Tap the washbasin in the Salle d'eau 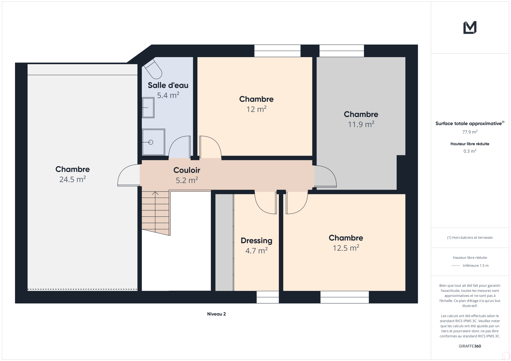148,108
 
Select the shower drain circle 150,142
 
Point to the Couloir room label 187,170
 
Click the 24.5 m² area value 72,179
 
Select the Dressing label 256,241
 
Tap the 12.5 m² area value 346,248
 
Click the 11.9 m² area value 361,124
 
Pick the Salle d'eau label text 168,85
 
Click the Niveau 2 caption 216,314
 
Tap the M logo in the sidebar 470,27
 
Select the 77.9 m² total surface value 470,132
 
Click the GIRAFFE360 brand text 470,346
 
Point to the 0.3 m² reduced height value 470,151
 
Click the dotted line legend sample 455,266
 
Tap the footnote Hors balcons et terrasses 470,237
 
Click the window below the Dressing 268,297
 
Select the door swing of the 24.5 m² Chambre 128,175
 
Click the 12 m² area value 256,109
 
